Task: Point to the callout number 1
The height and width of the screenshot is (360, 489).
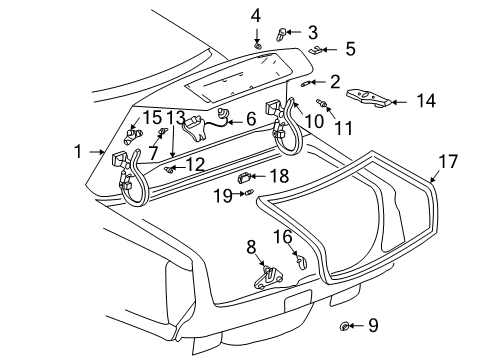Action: pos(79,152)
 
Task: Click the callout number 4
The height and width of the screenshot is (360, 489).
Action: pos(256,14)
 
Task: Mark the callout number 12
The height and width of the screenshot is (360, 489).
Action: pos(197,163)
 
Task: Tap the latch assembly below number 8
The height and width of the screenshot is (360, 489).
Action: pos(268,277)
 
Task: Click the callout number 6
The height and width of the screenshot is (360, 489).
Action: pos(251,119)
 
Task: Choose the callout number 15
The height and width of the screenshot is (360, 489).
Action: pos(152,118)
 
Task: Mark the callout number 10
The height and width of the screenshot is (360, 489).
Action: pos(314,120)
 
